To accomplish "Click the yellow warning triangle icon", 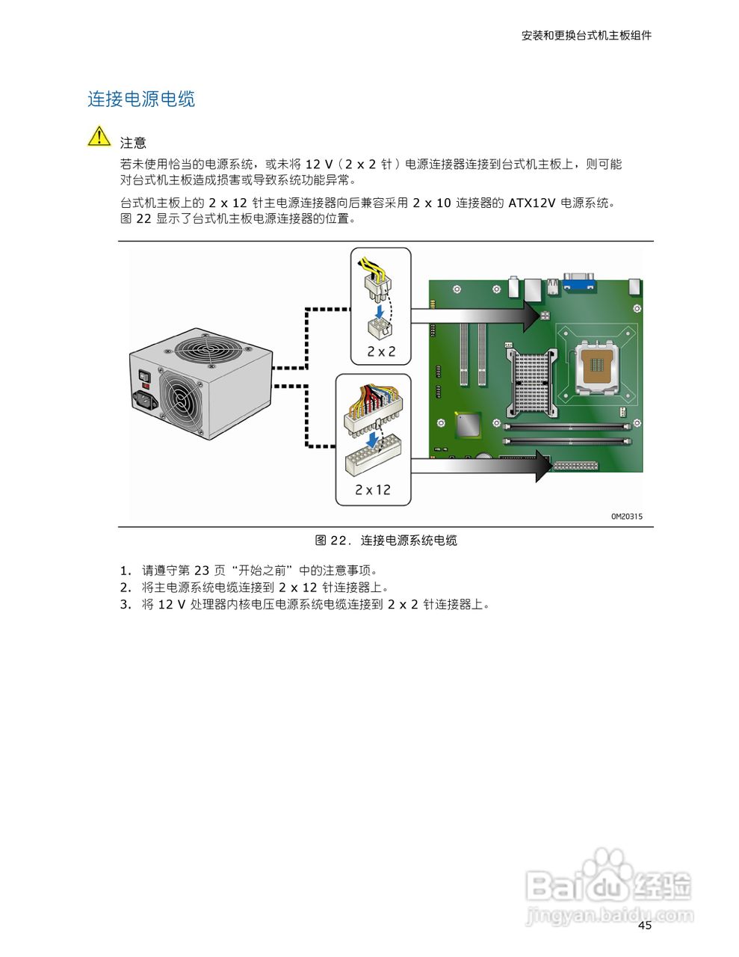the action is click(99, 137).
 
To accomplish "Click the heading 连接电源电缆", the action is click(141, 99).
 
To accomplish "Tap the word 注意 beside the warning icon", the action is click(133, 143).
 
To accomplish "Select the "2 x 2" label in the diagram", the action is click(381, 351).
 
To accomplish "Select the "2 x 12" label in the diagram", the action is click(373, 490).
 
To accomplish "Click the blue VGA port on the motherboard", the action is click(578, 281).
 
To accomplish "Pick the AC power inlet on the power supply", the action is click(146, 400).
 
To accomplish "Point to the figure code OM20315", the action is click(626, 516).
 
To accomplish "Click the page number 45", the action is click(645, 926).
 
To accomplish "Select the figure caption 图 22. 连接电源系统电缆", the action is click(386, 540).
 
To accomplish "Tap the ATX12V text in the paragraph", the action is click(532, 203).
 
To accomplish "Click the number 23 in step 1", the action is click(202, 570).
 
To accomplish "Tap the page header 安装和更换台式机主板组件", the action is click(586, 35).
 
